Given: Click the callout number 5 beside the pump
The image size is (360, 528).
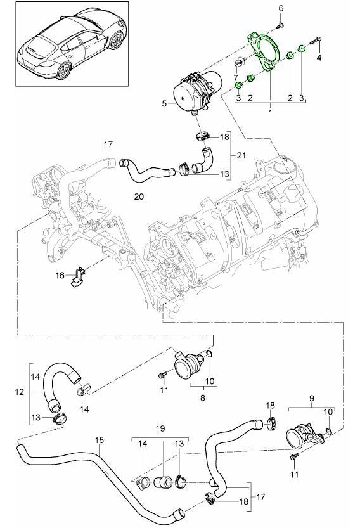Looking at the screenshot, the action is [164, 103].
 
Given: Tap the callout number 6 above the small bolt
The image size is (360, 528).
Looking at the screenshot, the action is [281, 8].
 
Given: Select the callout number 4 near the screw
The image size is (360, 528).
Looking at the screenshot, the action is [319, 58].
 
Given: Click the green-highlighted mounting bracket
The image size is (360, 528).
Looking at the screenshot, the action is [264, 52].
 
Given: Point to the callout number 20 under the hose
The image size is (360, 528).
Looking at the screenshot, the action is [139, 196].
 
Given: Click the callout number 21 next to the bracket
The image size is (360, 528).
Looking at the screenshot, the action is [241, 155].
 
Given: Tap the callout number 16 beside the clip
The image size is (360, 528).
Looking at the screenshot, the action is [60, 276].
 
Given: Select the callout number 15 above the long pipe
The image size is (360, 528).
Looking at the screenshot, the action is [100, 440].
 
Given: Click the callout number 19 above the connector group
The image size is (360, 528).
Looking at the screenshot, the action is [160, 428].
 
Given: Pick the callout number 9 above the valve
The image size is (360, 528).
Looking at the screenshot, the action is [311, 398].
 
